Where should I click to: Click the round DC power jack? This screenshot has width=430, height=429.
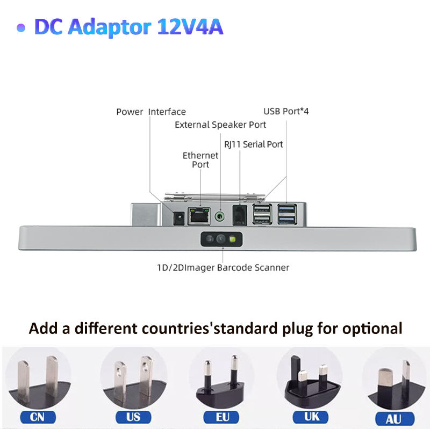pyautogui.click(x=178, y=217)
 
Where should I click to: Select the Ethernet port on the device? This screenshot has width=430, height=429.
pyautogui.click(x=199, y=216)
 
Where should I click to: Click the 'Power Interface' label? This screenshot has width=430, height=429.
pyautogui.click(x=151, y=112)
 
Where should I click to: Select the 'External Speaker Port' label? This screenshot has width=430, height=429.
pyautogui.click(x=220, y=125)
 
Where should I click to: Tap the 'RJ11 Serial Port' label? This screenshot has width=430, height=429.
pyautogui.click(x=253, y=144)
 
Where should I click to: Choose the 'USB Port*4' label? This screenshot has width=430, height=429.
pyautogui.click(x=286, y=111)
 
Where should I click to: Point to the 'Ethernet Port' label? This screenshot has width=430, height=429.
pyautogui.click(x=200, y=159)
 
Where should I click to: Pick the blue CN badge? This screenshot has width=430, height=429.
pyautogui.click(x=38, y=417)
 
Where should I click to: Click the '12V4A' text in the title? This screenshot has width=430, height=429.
pyautogui.click(x=191, y=27)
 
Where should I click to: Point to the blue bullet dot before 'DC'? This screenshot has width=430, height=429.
pyautogui.click(x=21, y=28)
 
